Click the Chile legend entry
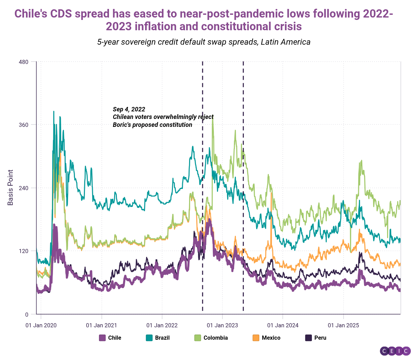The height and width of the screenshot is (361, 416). pos(110,338)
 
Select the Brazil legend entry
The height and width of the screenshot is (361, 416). pos(158,338)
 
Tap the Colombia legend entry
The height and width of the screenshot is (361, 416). pos(211,338)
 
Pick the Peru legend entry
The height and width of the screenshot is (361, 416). pos(316,338)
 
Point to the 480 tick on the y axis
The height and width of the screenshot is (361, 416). pos(23,62)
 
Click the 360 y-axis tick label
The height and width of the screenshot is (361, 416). pos(23,125)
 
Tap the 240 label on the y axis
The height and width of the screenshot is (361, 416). pos(23,188)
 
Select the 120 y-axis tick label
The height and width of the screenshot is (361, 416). pos(23,251)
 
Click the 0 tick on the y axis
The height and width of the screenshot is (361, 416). pos(27,314)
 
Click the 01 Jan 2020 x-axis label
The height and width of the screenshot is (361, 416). pos(41,325)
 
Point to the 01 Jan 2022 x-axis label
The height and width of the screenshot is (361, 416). pos(162,325)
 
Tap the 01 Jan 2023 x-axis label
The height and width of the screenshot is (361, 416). pos(222,325)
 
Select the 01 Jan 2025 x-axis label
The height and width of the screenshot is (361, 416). pos(343,325)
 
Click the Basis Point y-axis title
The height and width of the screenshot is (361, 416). pos(10,187)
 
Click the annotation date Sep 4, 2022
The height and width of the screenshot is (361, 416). pos(129,109)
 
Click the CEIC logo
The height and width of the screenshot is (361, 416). pos(395,351)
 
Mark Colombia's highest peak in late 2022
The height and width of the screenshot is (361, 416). pos(212,118)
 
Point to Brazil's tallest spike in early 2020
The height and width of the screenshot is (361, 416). pos(54,111)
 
